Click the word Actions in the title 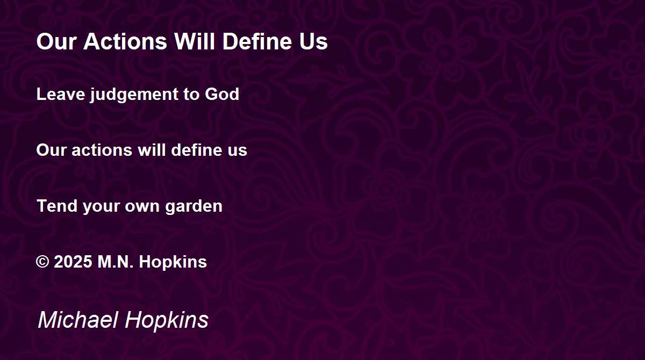click(x=125, y=41)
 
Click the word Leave click(x=61, y=94)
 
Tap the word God click(x=222, y=94)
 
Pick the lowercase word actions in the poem click(x=102, y=150)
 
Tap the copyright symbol click(x=42, y=262)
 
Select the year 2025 click(x=73, y=262)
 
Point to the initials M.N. click(x=116, y=262)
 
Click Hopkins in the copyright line click(x=173, y=262)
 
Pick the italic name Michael click(x=78, y=320)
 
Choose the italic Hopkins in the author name click(x=167, y=321)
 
